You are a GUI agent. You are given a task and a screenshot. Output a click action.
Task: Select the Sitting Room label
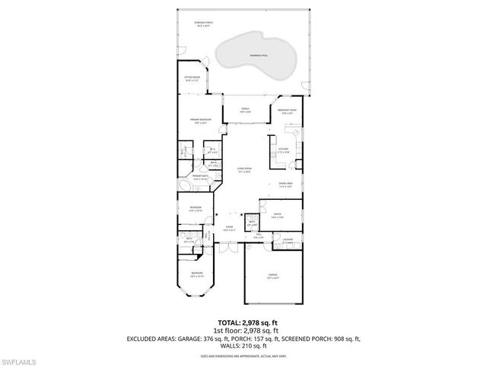[192, 78]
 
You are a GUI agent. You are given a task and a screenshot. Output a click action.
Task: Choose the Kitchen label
[284, 149]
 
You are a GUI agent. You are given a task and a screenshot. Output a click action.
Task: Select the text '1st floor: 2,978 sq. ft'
[243, 331]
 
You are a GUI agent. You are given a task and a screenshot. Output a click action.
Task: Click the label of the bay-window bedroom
[196, 273]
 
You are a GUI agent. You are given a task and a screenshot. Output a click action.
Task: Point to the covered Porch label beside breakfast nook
[245, 111]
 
